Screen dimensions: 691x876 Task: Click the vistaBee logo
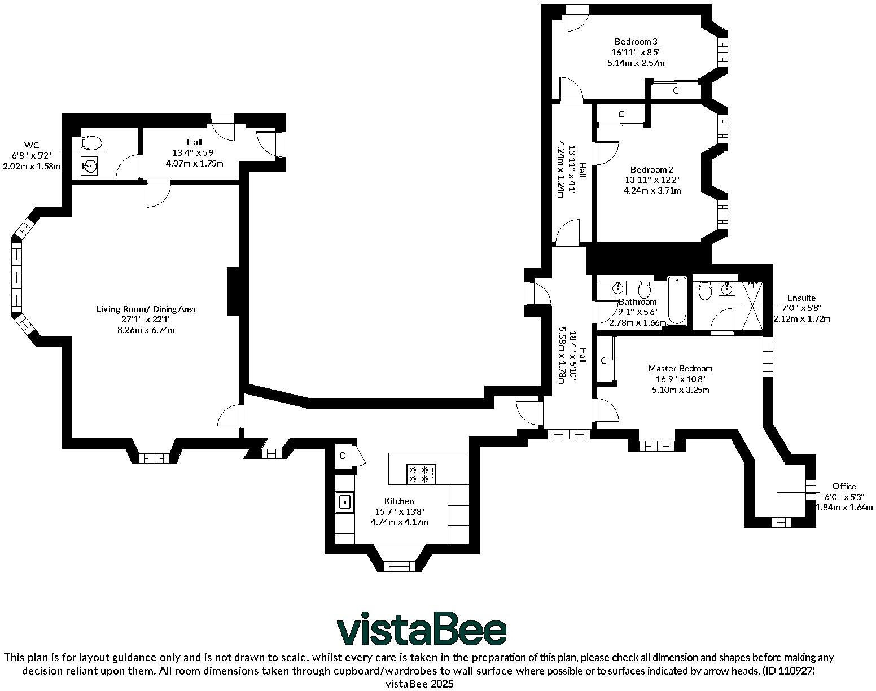point(422,628)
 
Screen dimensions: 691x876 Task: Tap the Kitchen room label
point(399,501)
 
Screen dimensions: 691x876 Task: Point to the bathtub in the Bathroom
point(677,300)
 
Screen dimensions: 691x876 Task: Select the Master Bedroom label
point(680,369)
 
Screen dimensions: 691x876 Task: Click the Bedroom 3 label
point(636,41)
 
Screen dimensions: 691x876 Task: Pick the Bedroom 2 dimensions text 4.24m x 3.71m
point(652,191)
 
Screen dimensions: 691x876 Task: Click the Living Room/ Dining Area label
point(146,309)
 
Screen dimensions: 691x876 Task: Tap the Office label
point(844,486)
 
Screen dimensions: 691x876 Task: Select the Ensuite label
point(801,298)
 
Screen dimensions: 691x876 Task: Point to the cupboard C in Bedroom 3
point(675,90)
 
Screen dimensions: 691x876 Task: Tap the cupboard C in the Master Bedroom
point(603,361)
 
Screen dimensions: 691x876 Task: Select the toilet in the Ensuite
point(704,291)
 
